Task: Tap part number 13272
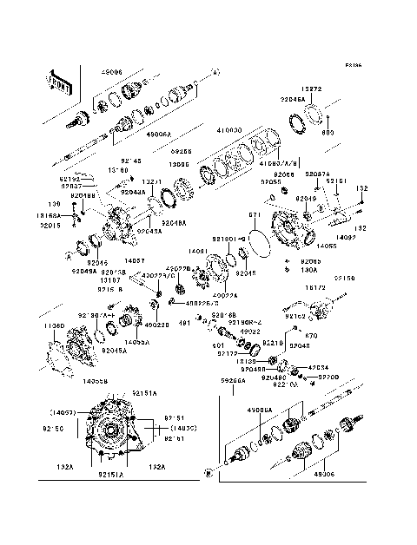[313, 89]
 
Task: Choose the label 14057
[135, 259]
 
